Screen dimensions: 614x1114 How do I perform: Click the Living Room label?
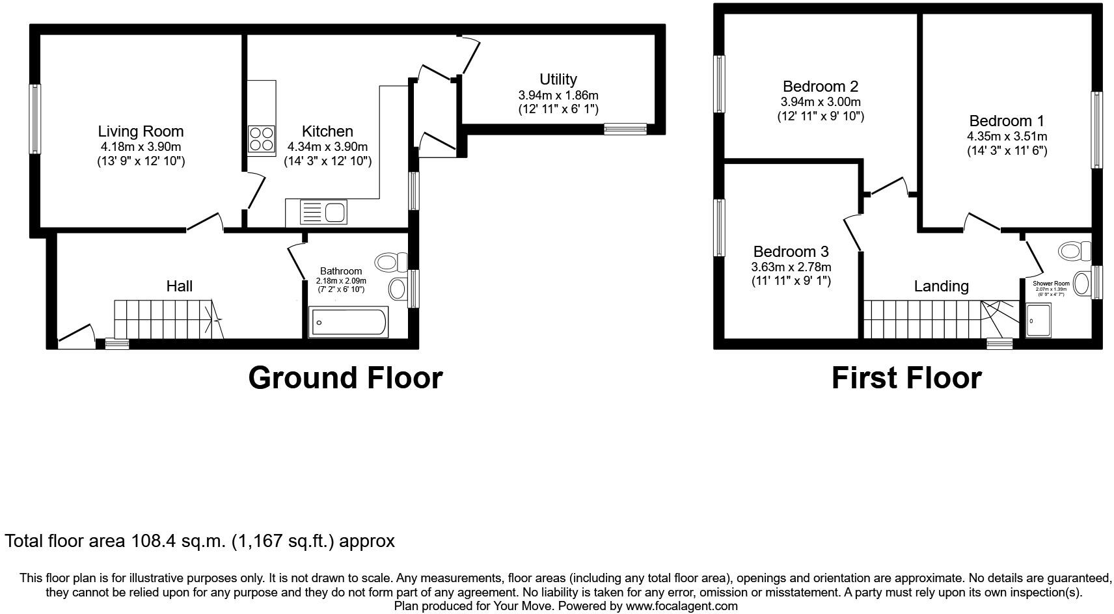(141, 131)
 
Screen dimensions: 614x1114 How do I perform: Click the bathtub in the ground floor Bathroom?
(349, 322)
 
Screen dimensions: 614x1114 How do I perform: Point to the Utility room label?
(558, 79)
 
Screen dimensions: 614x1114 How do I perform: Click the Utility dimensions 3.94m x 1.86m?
(558, 95)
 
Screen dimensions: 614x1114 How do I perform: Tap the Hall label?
(179, 286)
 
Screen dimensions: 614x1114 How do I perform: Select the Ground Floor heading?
(345, 378)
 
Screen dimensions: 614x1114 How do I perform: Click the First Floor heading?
(906, 378)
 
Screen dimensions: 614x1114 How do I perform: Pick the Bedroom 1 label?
(1006, 121)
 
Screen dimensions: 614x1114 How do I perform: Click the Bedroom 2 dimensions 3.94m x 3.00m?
(820, 102)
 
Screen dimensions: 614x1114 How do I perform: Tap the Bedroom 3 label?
(791, 252)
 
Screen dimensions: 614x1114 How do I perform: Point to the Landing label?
(941, 286)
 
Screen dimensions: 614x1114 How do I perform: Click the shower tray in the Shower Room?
(1038, 321)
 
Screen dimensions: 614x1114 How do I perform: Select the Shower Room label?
(1051, 284)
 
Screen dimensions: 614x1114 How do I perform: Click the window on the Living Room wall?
(35, 119)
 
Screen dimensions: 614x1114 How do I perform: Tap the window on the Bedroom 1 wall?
(1097, 130)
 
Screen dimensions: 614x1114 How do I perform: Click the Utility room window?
(625, 129)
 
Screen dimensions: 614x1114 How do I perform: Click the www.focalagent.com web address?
(681, 606)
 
